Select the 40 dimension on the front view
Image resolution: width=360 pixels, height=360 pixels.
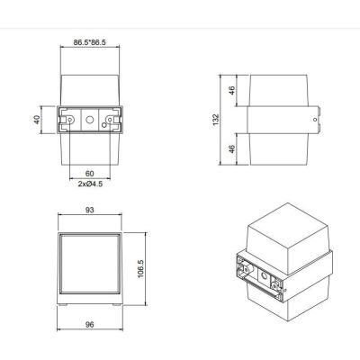pyautogui.click(x=39, y=120)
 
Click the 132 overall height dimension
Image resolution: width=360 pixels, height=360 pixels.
pyautogui.click(x=216, y=120)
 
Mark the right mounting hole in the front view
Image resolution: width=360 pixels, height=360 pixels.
pyautogui.click(x=110, y=118)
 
